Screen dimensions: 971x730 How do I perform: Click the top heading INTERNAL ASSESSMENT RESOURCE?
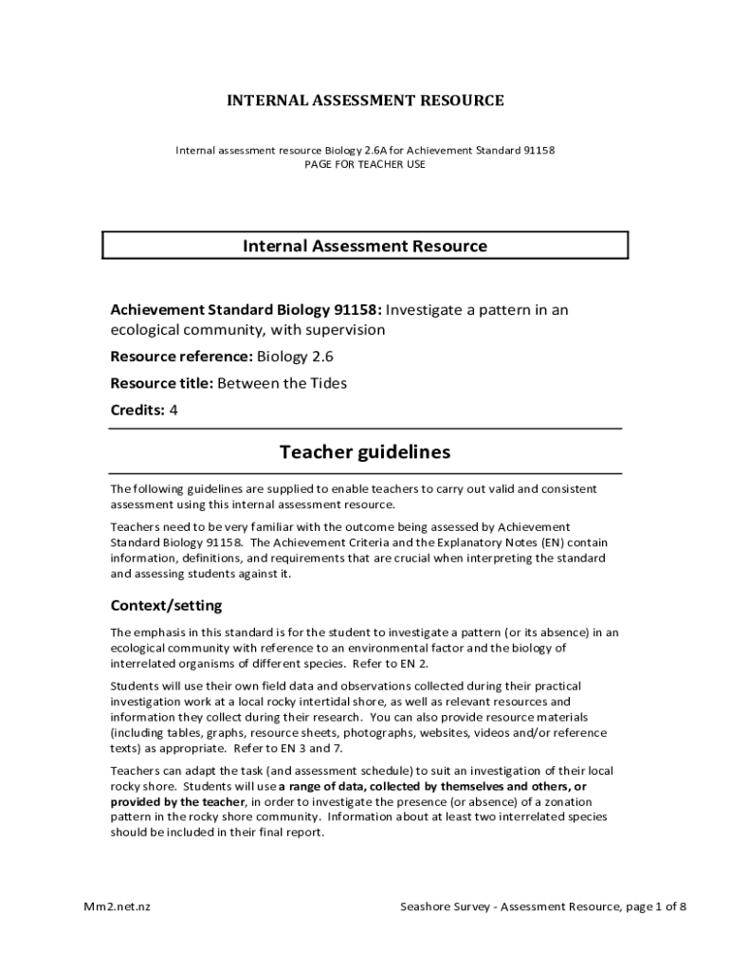click(x=365, y=101)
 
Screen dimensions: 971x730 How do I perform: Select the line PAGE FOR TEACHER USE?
click(x=365, y=164)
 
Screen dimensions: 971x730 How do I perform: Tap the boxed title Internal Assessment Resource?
click(x=365, y=247)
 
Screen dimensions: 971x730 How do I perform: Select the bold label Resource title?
click(x=162, y=383)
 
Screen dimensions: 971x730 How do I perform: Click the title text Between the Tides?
click(x=282, y=383)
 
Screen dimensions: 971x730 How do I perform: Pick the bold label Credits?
click(x=137, y=410)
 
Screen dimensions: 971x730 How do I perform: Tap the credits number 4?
click(x=173, y=410)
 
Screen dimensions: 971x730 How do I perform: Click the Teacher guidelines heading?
click(x=365, y=452)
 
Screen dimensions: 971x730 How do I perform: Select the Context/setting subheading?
click(x=166, y=605)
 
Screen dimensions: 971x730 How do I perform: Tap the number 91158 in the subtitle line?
click(x=538, y=150)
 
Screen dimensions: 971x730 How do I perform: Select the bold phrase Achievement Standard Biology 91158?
click(x=246, y=310)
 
